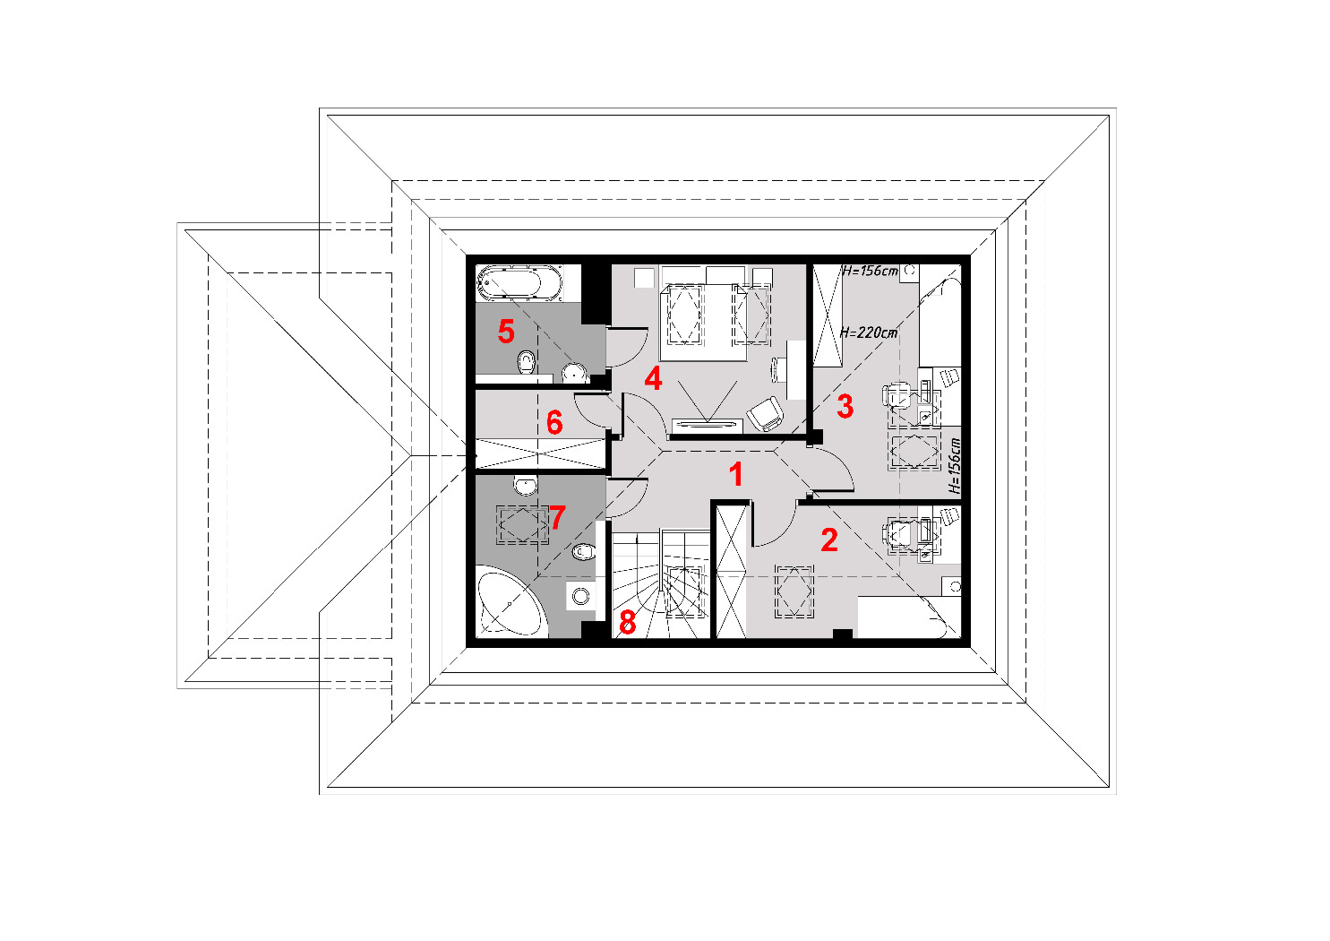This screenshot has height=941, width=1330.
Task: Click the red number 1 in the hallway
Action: point(736,475)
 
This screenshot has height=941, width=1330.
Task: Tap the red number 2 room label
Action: point(829,540)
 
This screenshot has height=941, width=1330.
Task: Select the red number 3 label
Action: point(845,407)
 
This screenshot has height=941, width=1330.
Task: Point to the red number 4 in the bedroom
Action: point(653,378)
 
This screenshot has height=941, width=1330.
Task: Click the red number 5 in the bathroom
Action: point(506,332)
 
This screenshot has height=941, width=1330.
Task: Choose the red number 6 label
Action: point(554,422)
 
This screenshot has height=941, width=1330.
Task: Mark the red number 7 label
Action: point(558,517)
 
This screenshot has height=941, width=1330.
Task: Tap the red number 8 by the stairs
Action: point(628,623)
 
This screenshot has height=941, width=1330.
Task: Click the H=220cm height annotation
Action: point(868,332)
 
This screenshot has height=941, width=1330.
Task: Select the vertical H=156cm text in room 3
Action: point(954,466)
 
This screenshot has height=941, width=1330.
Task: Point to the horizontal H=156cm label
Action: point(870,271)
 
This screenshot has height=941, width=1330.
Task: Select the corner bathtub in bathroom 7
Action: point(511,603)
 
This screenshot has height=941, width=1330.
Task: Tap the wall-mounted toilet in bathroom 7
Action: point(584,552)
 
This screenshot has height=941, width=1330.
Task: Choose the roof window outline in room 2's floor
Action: point(794,591)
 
